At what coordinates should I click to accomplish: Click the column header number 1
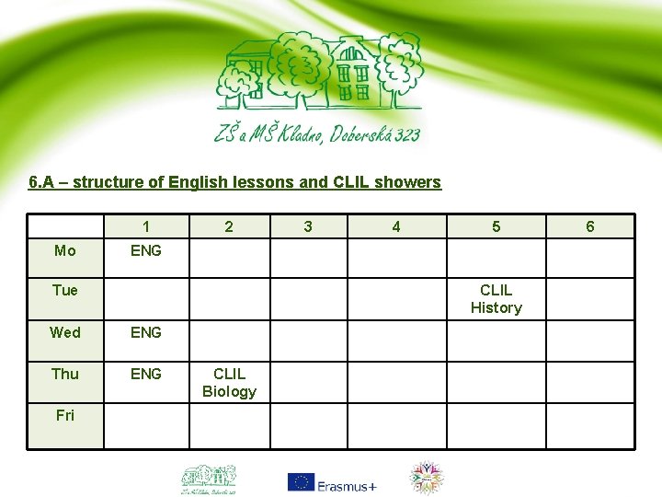[x=146, y=226]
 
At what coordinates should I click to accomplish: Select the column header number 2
[x=229, y=226]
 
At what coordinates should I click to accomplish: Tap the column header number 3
[x=308, y=226]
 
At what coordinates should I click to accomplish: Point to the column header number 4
[x=396, y=226]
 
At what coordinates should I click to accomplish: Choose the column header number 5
[x=496, y=226]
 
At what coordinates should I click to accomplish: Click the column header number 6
[x=590, y=226]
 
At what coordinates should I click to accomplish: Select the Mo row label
[x=65, y=250]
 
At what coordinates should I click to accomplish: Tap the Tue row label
[x=65, y=291]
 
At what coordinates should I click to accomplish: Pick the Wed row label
[x=65, y=332]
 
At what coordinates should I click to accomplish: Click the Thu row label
[x=65, y=374]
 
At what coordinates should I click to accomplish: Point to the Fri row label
[x=65, y=415]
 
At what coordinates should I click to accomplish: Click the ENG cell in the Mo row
[x=146, y=250]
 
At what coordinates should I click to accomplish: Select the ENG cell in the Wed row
[x=146, y=332]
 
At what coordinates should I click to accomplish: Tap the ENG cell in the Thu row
[x=146, y=374]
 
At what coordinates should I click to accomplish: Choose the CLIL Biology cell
[x=229, y=383]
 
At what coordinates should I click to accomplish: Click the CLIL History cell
[x=496, y=299]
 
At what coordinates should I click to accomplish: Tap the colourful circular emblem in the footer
[x=425, y=479]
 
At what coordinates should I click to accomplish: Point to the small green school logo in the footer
[x=208, y=479]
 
